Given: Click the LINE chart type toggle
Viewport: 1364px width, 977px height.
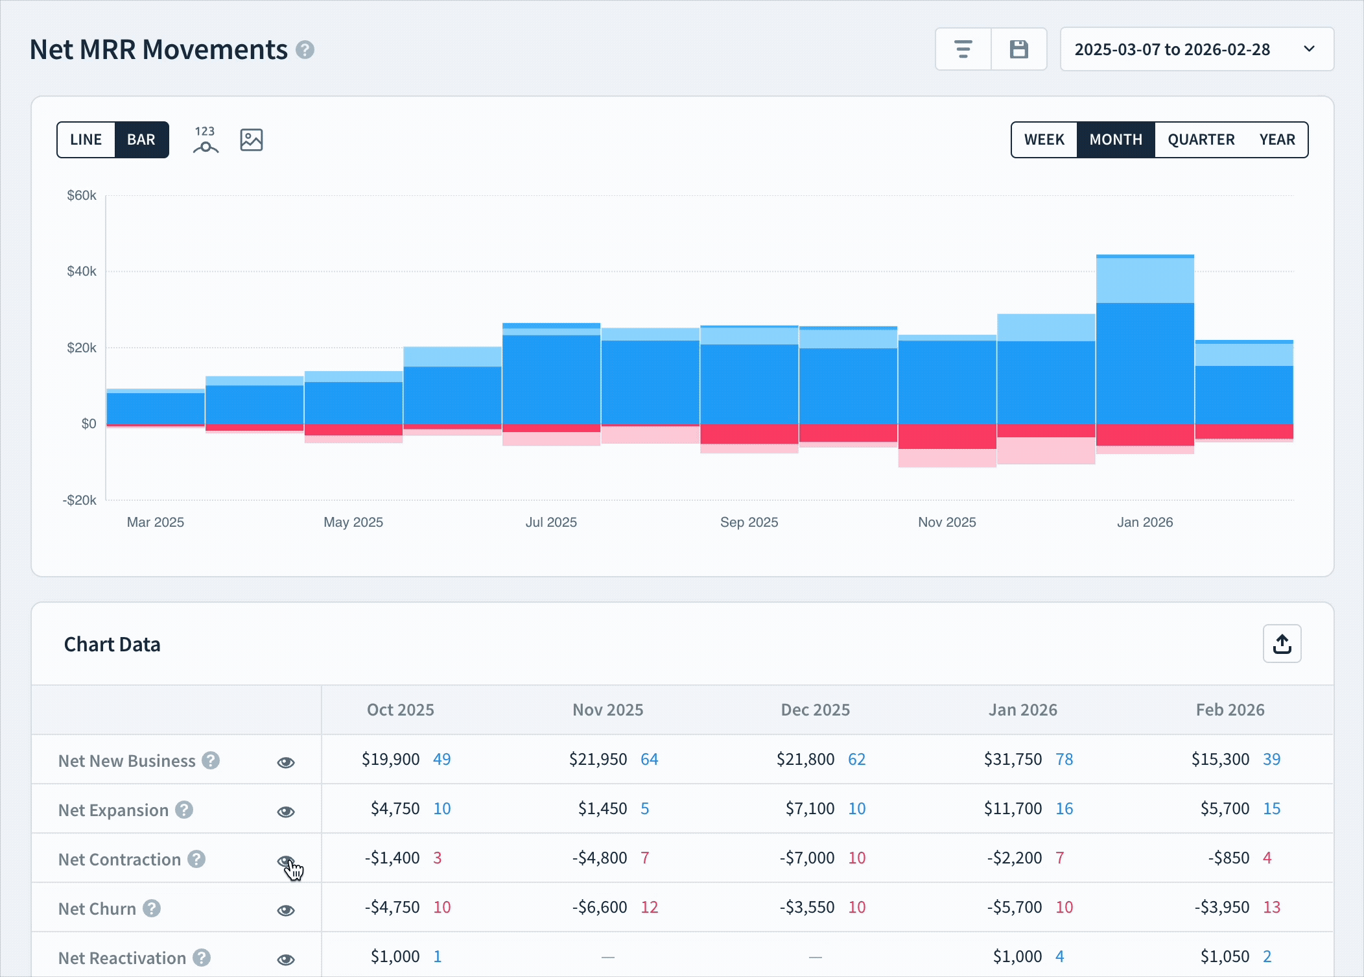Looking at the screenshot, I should (86, 139).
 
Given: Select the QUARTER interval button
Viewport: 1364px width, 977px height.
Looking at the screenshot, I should (1201, 139).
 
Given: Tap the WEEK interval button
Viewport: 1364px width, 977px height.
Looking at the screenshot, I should (1044, 139).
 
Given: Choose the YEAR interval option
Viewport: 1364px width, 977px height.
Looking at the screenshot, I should (1276, 139).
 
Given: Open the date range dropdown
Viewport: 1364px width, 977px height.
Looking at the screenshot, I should (1196, 49).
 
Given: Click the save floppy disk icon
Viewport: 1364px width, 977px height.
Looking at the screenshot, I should (1018, 49).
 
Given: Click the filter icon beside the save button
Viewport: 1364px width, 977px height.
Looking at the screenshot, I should (963, 49).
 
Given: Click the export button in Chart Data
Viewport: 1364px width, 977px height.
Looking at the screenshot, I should (1282, 644).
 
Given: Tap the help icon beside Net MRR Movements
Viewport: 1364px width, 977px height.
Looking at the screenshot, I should (305, 50).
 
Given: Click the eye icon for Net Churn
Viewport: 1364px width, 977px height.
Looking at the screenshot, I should (286, 910).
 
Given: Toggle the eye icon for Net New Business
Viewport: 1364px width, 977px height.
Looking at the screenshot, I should (286, 762).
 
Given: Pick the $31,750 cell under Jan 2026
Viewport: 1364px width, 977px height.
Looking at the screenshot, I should (1013, 759).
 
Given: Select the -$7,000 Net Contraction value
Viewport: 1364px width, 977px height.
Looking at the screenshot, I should (806, 858).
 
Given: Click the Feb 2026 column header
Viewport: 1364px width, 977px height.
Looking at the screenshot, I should (1230, 710).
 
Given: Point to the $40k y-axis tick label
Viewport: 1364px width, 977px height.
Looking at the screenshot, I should (82, 271).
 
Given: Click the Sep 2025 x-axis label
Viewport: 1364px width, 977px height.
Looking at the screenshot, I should (749, 522).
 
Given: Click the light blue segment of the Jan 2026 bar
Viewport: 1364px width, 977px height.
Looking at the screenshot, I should (1145, 280).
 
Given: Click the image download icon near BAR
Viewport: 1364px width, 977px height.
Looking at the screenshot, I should (252, 139).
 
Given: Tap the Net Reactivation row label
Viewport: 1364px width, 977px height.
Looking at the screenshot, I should (122, 958).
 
